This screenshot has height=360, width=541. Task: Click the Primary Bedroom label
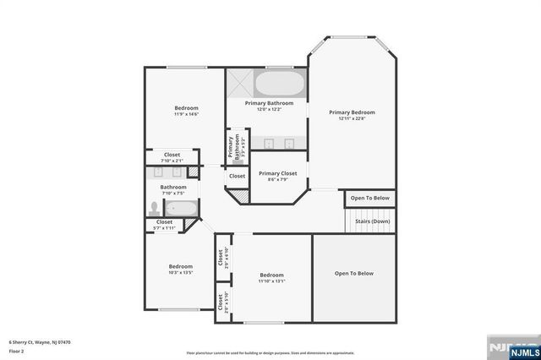pos(351,112)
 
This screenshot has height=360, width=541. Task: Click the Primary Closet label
pos(277,173)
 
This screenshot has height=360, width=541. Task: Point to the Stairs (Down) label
pos(372,221)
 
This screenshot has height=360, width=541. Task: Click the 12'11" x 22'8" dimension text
pos(351,119)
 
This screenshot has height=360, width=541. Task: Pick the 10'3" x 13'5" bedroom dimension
pos(181,273)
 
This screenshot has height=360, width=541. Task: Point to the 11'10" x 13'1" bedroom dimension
pos(271,281)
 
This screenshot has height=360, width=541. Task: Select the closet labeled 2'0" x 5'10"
pos(220,303)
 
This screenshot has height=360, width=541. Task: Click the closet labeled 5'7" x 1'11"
pos(164,226)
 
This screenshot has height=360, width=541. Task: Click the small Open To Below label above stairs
pos(370,198)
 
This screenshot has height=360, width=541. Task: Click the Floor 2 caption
pos(16,350)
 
